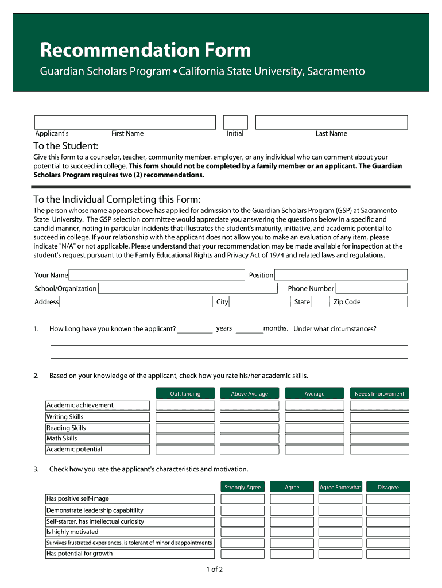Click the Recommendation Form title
(145, 51)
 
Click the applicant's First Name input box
(125, 122)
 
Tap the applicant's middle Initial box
(235, 122)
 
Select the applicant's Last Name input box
(331, 122)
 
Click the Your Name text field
(157, 275)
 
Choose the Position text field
(341, 275)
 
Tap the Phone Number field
(371, 288)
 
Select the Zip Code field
(385, 302)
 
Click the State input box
(320, 302)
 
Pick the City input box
(260, 302)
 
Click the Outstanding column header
(185, 393)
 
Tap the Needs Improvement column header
(379, 393)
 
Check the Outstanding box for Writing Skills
(185, 417)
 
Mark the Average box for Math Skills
(315, 439)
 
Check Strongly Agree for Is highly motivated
(243, 532)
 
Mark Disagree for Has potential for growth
(388, 554)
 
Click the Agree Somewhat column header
(340, 487)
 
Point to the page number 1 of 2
(215, 570)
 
